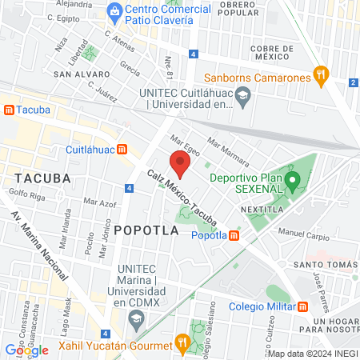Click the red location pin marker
[181, 164]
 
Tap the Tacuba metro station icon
[9, 109]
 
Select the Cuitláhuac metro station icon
[122, 149]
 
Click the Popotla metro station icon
[233, 235]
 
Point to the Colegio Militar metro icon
[302, 306]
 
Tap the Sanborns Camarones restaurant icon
[321, 77]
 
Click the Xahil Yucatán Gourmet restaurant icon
[182, 346]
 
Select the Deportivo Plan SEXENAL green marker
[293, 182]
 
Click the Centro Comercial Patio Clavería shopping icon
[115, 12]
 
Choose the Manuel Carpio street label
[303, 237]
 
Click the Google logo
[26, 350]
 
